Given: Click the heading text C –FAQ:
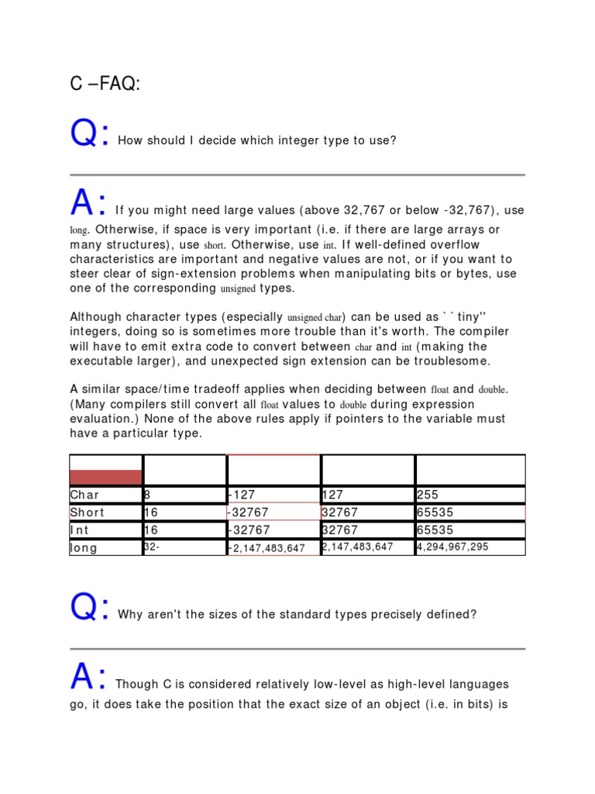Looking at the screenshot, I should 105,85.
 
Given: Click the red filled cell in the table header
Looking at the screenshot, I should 106,477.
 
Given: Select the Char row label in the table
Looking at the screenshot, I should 85,495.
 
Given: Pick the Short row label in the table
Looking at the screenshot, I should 88,513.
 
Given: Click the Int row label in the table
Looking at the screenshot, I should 81,530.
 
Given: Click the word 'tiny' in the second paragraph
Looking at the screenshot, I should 469,317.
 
